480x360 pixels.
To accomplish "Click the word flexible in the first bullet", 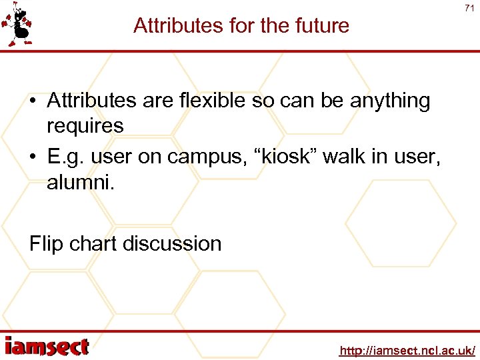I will click(207, 101).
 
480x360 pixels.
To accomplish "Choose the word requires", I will click(85, 126).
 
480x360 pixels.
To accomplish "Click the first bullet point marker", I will click(33, 102).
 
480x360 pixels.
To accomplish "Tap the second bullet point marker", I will click(33, 157).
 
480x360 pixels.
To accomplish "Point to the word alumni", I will click(80, 182).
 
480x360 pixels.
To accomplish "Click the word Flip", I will click(45, 244).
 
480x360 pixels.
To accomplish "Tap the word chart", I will click(95, 244).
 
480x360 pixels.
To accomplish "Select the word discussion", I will click(174, 244).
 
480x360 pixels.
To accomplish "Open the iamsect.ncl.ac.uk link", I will click(407, 350).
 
